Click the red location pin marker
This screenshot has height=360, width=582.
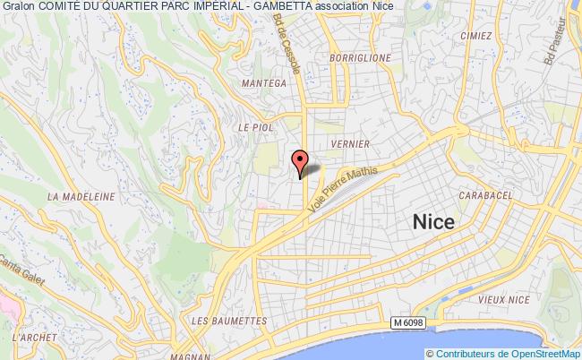(301, 160)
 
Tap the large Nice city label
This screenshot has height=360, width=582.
(432, 222)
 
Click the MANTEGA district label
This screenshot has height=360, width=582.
(263, 82)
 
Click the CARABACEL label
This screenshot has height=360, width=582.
(484, 194)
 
